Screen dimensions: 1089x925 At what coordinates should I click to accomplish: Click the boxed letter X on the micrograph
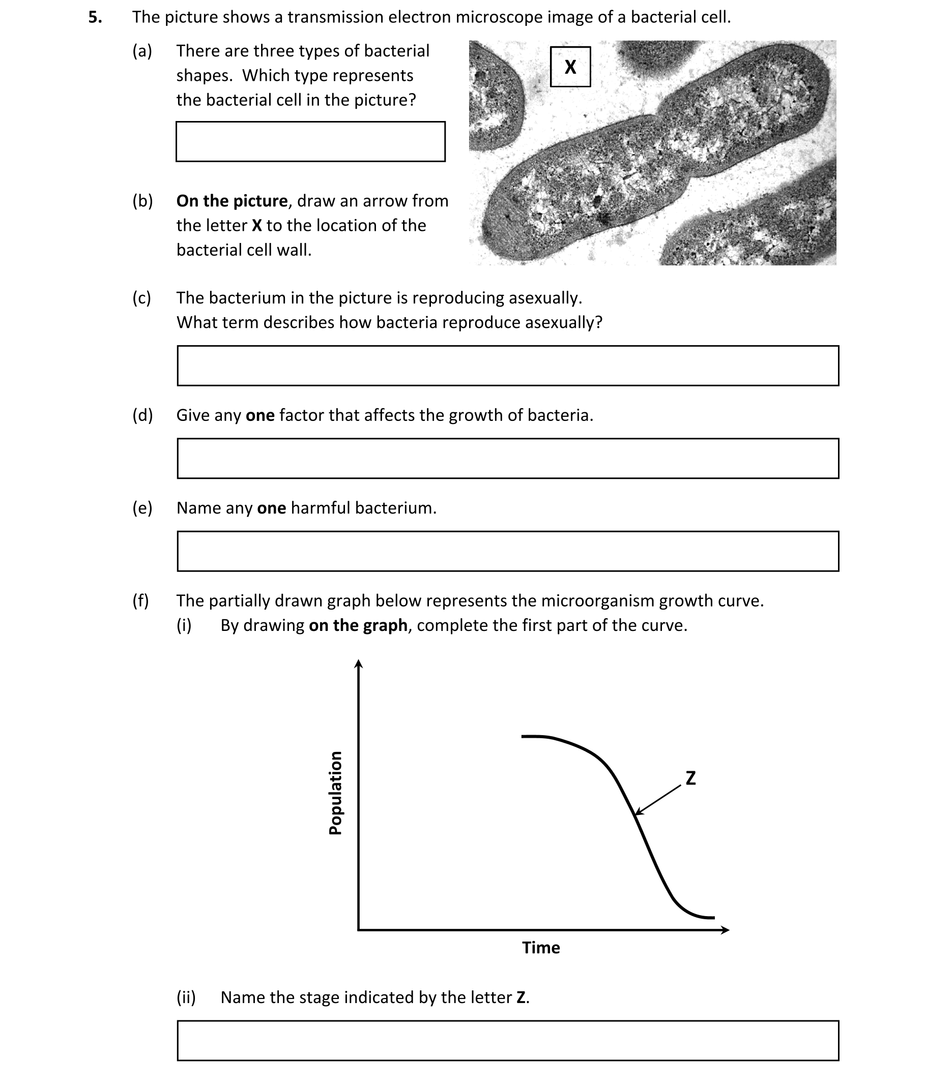tap(570, 67)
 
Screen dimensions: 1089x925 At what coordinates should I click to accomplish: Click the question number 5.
tap(95, 17)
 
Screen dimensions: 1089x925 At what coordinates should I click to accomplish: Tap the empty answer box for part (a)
tap(310, 141)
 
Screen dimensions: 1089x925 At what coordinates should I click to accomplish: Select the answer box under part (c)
tap(508, 365)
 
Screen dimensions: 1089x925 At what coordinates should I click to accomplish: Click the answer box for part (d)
tap(508, 458)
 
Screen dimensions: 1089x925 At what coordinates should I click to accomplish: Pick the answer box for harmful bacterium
tap(508, 551)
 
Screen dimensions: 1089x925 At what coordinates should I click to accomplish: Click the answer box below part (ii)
tap(508, 1040)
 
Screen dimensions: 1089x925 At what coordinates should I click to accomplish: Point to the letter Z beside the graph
tap(690, 778)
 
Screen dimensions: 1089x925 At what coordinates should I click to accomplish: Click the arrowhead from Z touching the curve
tap(637, 813)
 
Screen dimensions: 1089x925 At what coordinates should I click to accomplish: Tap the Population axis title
tap(335, 793)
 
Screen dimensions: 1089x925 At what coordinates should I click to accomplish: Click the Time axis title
tap(541, 948)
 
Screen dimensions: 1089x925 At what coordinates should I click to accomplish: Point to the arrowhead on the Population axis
tap(358, 664)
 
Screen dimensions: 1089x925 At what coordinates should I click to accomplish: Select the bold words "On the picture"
tap(232, 201)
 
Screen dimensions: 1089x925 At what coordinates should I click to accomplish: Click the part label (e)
tap(142, 508)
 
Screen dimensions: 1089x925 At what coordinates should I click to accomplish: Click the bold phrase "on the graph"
tap(358, 625)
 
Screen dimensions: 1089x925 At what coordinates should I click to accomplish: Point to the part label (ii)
tap(186, 997)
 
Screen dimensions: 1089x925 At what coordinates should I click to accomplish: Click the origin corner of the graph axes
tap(359, 930)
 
